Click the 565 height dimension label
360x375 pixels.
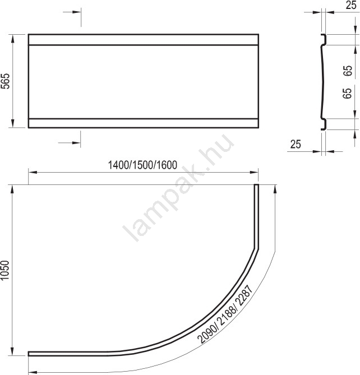[x=6, y=81]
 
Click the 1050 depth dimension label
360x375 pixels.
[x=5, y=270]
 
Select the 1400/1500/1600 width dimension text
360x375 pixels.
[x=142, y=165]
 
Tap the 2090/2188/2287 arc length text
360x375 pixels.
[x=225, y=314]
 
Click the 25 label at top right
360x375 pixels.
[x=351, y=5]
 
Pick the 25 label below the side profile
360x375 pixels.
[x=296, y=144]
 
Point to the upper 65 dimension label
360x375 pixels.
[x=348, y=71]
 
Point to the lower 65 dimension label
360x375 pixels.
[x=348, y=93]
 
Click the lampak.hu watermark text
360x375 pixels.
[x=178, y=187]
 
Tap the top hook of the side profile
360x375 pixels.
[x=324, y=39]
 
